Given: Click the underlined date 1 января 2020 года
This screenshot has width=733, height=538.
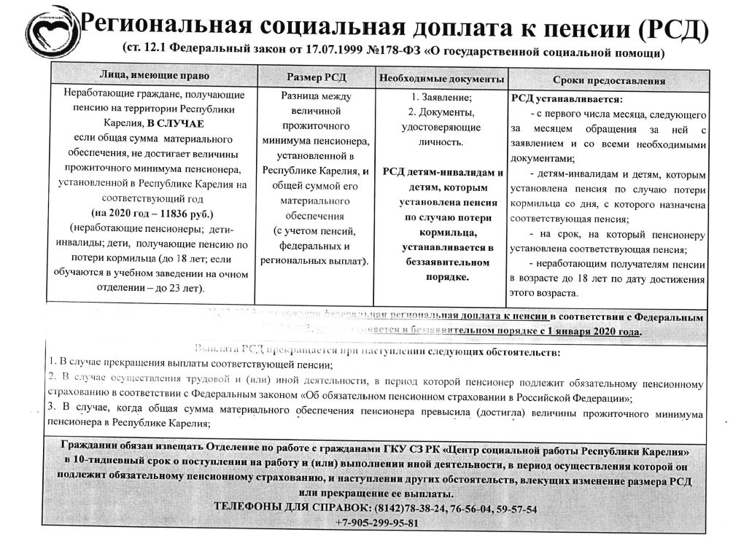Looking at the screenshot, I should click(591, 332).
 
